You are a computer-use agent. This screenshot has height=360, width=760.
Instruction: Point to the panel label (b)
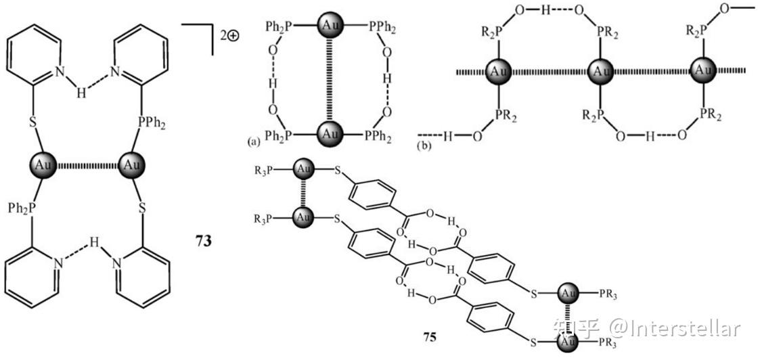point(423,144)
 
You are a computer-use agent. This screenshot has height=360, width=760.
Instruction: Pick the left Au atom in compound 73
point(43,165)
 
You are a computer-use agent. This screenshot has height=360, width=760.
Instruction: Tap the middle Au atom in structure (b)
point(600,71)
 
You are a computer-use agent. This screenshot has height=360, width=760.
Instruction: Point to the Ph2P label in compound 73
point(22,208)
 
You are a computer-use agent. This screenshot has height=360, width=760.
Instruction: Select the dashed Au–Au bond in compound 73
point(87,165)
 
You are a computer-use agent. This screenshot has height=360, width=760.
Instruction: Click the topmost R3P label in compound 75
point(264,170)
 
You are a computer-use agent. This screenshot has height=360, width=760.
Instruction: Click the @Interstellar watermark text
point(675,328)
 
